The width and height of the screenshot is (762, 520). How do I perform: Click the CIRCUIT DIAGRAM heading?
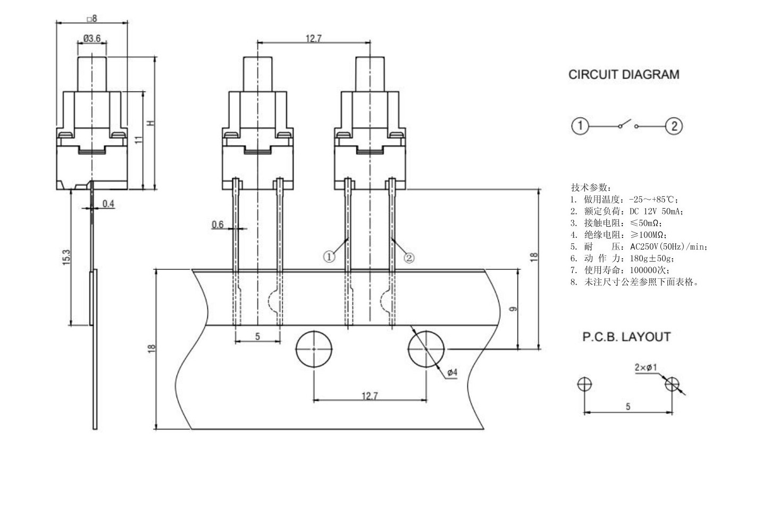[x=623, y=75]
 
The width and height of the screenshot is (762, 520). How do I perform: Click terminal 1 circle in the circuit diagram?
[x=580, y=126]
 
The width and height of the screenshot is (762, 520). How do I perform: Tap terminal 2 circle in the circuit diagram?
[x=674, y=126]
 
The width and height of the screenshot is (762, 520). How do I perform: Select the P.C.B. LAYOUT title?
[x=626, y=337]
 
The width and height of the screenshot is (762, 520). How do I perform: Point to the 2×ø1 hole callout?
[x=646, y=367]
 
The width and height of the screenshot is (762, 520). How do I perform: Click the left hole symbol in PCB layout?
[x=585, y=384]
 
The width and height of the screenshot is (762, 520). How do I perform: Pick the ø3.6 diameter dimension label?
[x=91, y=38]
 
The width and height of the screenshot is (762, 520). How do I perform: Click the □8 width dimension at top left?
[x=91, y=19]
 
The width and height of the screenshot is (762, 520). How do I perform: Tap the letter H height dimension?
[x=150, y=123]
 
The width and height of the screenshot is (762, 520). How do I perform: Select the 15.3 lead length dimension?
[x=66, y=258]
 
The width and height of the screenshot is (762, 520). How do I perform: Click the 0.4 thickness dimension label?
[x=108, y=204]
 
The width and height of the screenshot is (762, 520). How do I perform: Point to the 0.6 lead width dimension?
[x=217, y=225]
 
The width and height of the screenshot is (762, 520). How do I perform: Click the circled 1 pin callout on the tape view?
[x=329, y=257]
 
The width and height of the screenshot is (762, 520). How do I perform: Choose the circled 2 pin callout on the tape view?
[x=408, y=258]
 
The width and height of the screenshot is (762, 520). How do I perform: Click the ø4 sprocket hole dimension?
[x=451, y=373]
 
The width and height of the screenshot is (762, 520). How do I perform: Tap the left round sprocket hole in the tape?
[x=314, y=349]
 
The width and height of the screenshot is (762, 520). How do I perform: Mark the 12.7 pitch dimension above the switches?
[x=313, y=38]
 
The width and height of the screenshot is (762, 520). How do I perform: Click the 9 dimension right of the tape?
[x=513, y=309]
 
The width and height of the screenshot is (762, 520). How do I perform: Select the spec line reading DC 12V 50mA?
[x=627, y=211]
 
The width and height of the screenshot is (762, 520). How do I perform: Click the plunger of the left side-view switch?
[x=93, y=73]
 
